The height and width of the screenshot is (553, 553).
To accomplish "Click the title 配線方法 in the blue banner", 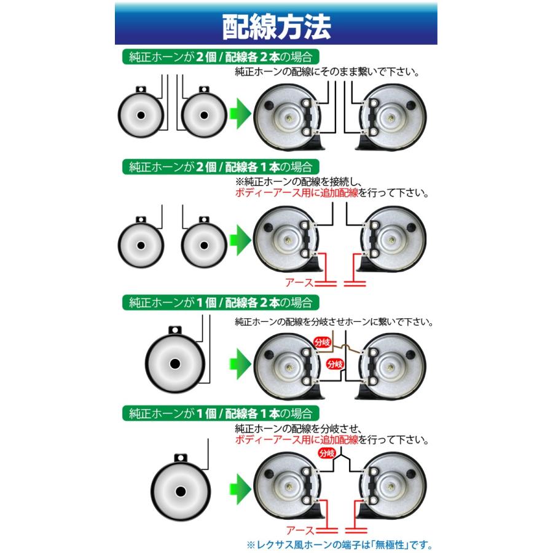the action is pyautogui.click(x=276, y=27).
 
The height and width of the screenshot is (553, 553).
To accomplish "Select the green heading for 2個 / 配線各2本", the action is pyautogui.click(x=221, y=57).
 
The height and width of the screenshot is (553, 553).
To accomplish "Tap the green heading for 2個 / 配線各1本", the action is pyautogui.click(x=221, y=167).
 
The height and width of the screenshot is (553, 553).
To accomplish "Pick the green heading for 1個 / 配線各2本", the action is pyautogui.click(x=221, y=302).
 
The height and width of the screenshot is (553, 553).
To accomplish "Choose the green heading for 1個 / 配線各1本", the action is pyautogui.click(x=221, y=413).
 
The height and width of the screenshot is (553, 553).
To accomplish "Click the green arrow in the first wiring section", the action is pyautogui.click(x=240, y=114).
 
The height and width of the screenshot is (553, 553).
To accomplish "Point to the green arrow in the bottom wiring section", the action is pyautogui.click(x=240, y=489).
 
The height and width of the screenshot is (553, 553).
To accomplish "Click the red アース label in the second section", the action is pyautogui.click(x=299, y=283).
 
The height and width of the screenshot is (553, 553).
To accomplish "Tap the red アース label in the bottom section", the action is pyautogui.click(x=300, y=530).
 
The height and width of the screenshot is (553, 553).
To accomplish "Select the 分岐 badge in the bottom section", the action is pyautogui.click(x=327, y=453).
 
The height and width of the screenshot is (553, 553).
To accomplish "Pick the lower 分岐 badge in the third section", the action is pyautogui.click(x=335, y=364).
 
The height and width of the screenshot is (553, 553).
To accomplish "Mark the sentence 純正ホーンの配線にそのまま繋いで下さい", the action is pyautogui.click(x=327, y=72).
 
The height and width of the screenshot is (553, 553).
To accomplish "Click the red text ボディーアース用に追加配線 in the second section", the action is pyautogui.click(x=297, y=193).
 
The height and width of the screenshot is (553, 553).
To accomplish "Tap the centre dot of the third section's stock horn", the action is pyautogui.click(x=175, y=364).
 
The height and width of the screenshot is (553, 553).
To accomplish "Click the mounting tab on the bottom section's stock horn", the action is pyautogui.click(x=181, y=458).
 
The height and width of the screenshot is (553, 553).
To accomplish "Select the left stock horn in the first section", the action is pyautogui.click(x=141, y=112).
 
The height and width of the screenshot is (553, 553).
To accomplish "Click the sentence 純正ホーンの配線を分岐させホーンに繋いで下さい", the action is pyautogui.click(x=334, y=322).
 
